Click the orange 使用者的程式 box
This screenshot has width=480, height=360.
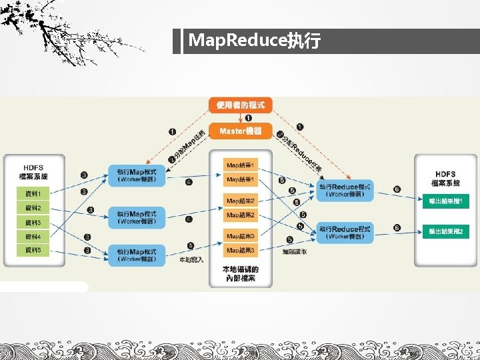pos(241,105)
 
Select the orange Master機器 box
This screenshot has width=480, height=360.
pos(241,131)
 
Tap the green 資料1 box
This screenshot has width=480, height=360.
pos(33,194)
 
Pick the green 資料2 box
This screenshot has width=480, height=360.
pos(33,208)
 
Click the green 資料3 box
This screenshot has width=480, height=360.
pos(33,222)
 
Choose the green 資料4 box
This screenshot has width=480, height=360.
pos(33,236)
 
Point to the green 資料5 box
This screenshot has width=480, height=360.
pos(33,250)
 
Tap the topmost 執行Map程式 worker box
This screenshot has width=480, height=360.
pos(137,176)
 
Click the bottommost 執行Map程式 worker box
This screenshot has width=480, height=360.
pos(137,255)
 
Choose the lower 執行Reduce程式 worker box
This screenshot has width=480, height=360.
pos(345,233)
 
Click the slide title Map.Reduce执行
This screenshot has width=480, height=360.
pos(254,41)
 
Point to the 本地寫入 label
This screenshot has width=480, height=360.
pos(192,259)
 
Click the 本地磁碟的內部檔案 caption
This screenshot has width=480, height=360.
pos(241,273)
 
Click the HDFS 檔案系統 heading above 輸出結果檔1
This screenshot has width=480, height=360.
pos(445,178)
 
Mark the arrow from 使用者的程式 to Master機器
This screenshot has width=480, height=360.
pos(241,118)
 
